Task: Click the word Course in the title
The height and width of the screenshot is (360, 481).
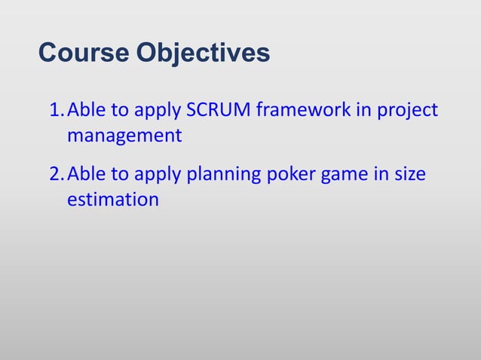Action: tap(84, 53)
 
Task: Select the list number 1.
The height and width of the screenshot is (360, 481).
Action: tap(55, 111)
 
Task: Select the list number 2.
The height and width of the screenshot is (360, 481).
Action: tap(55, 175)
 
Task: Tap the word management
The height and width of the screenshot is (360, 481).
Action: tap(124, 137)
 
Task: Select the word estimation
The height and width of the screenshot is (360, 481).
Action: tap(112, 200)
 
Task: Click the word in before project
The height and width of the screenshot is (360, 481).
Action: tap(365, 111)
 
